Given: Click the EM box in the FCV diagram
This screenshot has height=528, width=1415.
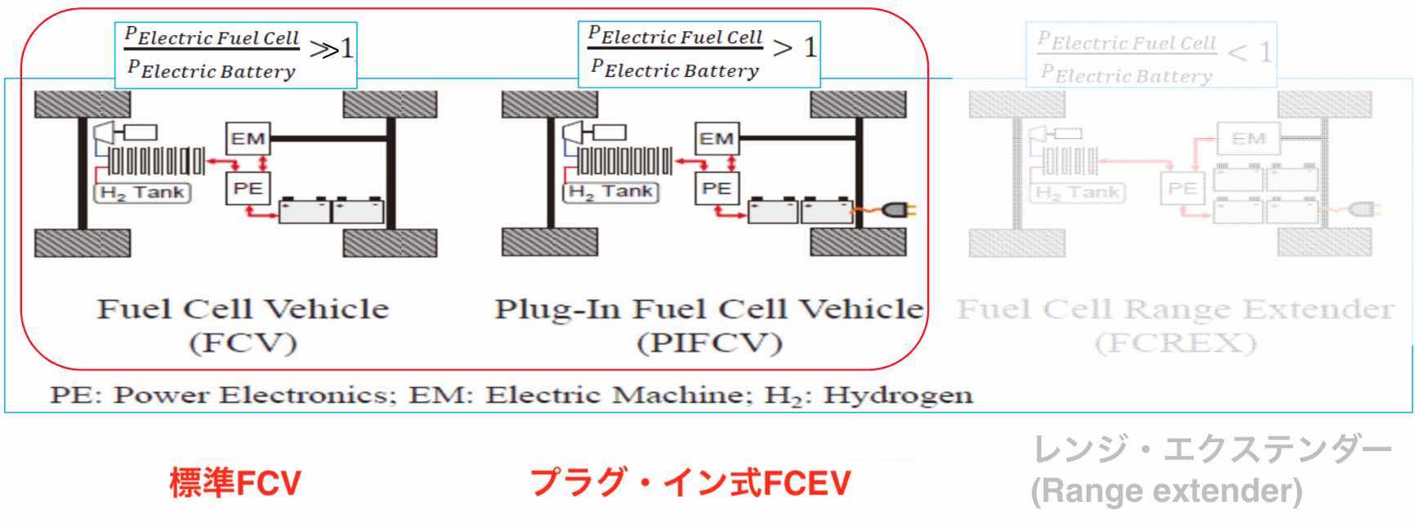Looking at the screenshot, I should click(248, 138).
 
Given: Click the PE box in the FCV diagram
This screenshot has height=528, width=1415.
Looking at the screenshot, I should click(248, 189).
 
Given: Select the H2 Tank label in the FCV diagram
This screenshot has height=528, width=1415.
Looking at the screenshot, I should click(144, 193).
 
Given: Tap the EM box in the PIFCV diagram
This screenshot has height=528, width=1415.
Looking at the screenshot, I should click(716, 138).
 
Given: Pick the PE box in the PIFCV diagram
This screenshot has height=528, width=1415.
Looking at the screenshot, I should click(716, 189).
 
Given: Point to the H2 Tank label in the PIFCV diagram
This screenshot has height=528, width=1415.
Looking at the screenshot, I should click(611, 192).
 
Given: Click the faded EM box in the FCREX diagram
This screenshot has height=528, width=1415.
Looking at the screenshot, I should click(1248, 139).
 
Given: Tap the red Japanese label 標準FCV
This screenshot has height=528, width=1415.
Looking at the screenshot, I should click(235, 483).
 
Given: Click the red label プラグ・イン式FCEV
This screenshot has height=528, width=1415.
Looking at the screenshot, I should click(690, 483).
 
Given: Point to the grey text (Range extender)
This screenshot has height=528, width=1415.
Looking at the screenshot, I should click(1167, 491).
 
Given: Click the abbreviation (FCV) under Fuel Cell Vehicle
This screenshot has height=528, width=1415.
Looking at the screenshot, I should click(243, 342).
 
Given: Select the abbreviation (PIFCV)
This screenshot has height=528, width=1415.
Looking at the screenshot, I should click(709, 342).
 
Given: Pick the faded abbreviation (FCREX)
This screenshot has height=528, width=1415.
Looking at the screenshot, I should click(1175, 342).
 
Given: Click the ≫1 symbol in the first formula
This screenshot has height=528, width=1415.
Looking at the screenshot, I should click(332, 49).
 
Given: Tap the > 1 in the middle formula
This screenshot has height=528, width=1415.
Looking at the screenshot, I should click(794, 47).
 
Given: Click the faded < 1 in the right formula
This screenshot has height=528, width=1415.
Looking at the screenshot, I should click(1250, 53).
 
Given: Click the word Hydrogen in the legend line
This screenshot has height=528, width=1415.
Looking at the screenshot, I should click(898, 395).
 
